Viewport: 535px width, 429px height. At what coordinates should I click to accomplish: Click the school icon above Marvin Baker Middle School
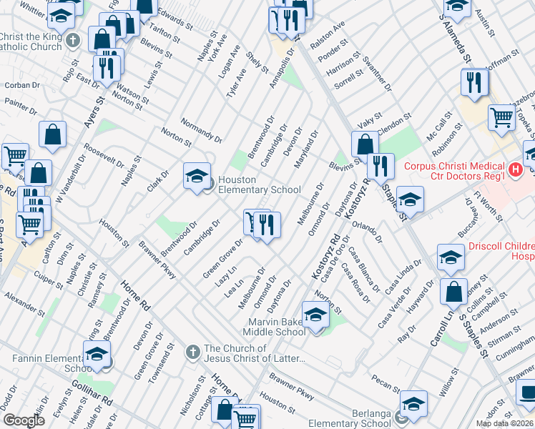tap(315, 315)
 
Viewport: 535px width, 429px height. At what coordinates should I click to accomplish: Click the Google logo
tap(24, 420)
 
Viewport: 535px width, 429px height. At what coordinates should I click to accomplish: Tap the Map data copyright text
tap(504, 423)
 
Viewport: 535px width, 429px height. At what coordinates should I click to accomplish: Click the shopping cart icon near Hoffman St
tap(501, 117)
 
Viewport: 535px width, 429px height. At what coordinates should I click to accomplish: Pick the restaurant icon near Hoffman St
tap(474, 82)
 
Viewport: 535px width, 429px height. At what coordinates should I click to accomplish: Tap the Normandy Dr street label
tap(201, 129)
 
